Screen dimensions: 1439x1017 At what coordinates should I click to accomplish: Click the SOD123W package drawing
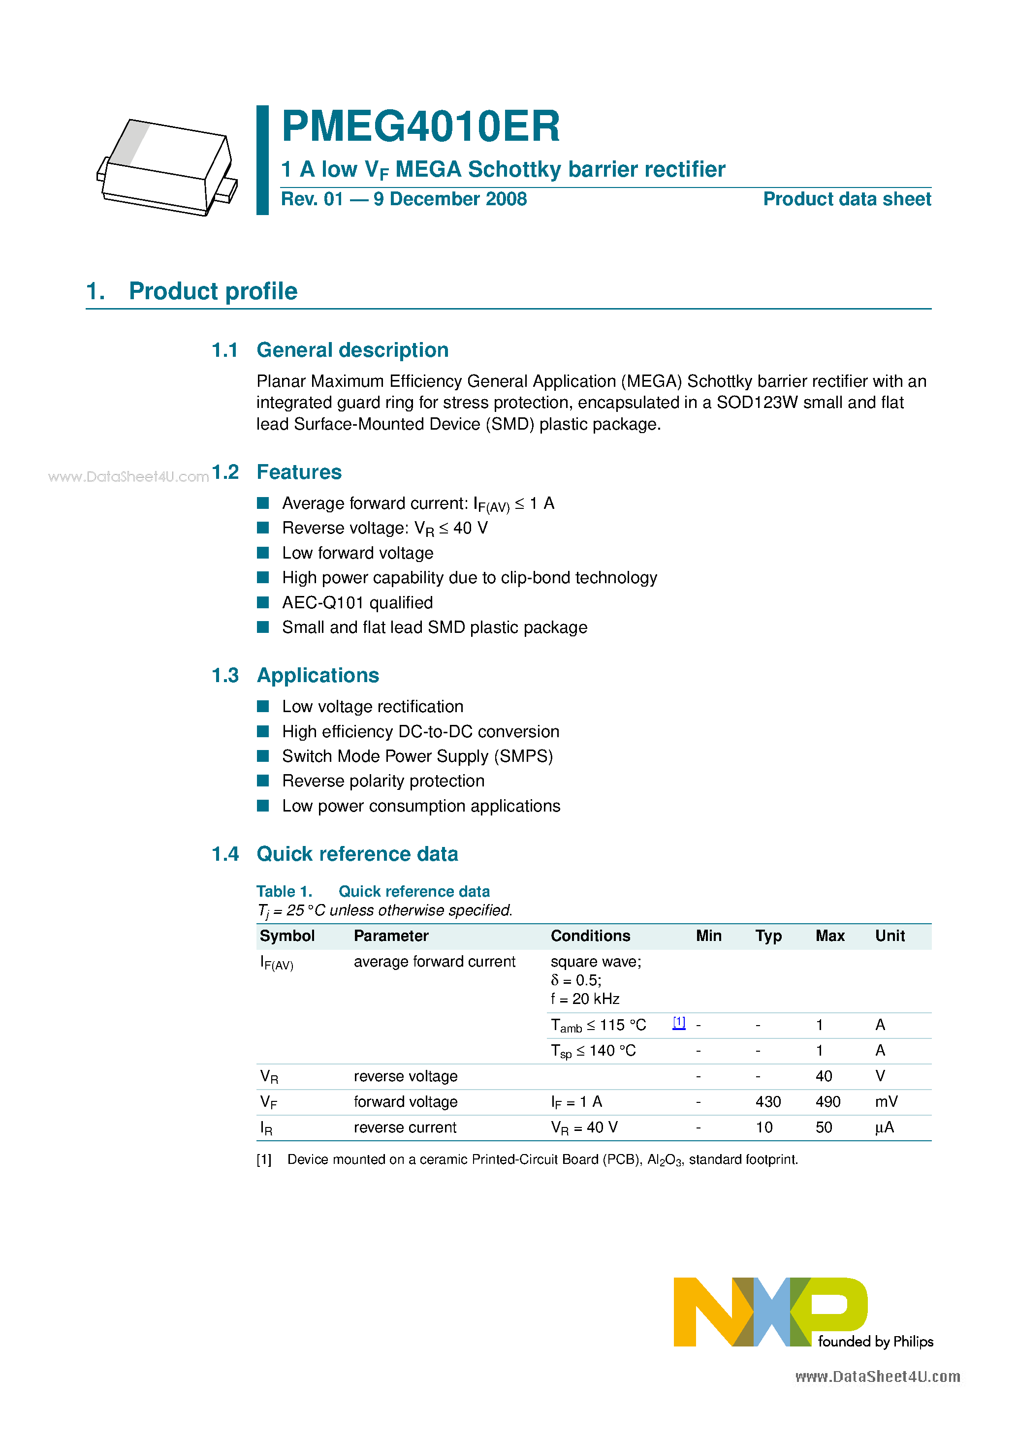[167, 167]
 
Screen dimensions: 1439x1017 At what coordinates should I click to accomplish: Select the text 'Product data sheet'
[847, 199]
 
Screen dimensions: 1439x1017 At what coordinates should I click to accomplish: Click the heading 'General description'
[352, 350]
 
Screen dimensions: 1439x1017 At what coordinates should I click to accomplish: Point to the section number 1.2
[225, 472]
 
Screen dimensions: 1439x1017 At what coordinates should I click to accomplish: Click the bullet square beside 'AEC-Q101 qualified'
[263, 602]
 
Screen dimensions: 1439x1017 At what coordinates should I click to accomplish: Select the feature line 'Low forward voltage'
[357, 553]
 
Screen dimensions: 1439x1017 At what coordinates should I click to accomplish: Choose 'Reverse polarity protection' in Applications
[383, 781]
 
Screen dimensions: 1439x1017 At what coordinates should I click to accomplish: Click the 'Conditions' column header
[590, 936]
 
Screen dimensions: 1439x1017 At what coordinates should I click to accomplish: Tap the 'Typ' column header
[768, 936]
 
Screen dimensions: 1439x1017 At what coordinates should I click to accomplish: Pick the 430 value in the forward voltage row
[768, 1102]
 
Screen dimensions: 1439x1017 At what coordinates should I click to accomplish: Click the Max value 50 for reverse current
[823, 1127]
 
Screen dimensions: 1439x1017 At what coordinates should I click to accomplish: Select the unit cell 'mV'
[886, 1102]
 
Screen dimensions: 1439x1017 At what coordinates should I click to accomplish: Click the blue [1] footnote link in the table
[678, 1022]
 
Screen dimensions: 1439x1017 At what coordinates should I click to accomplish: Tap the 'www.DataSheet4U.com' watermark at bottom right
[877, 1376]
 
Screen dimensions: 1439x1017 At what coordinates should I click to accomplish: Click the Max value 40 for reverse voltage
[823, 1076]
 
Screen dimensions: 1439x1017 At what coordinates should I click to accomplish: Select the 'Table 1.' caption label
[284, 891]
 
